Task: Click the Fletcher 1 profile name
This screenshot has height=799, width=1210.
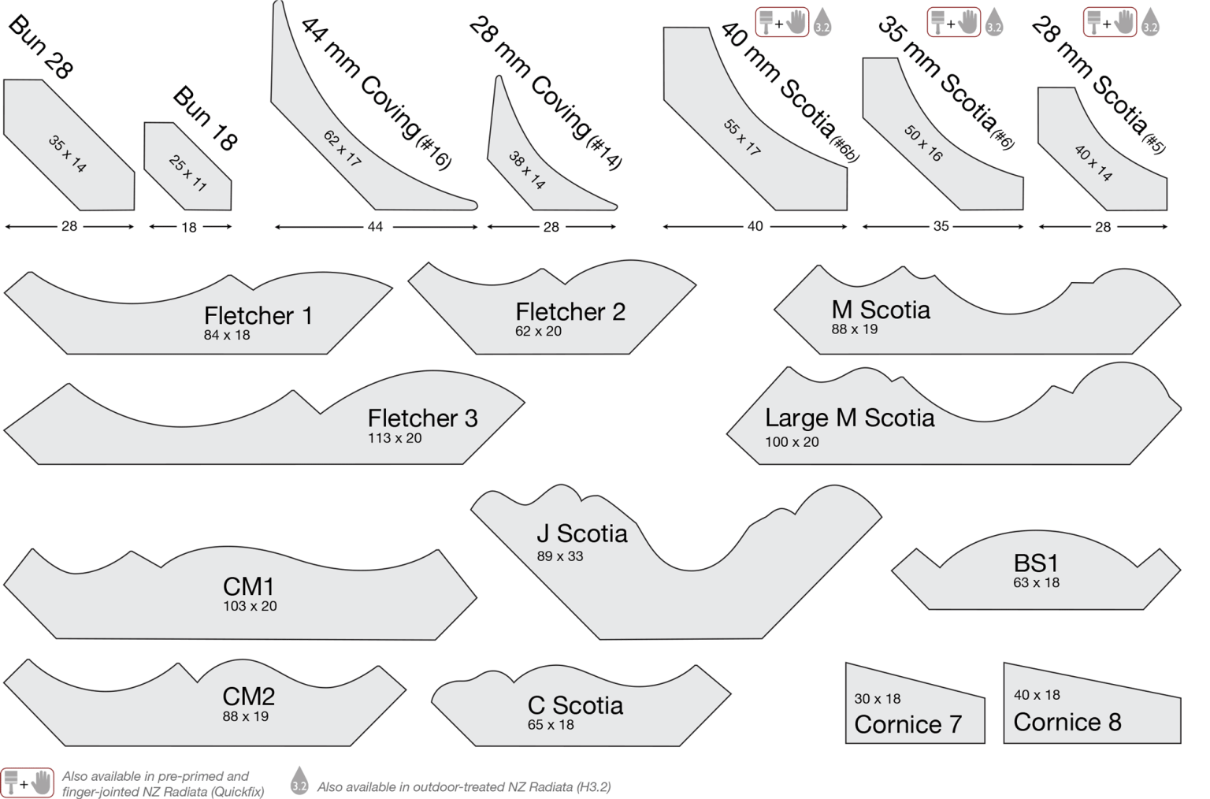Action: pyautogui.click(x=258, y=316)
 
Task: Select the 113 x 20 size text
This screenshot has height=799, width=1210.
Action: pyautogui.click(x=395, y=438)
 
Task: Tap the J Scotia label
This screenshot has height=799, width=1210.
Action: pyautogui.click(x=582, y=533)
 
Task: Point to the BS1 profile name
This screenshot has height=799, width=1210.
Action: pyautogui.click(x=1036, y=563)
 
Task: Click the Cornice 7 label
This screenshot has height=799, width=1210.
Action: pyautogui.click(x=908, y=724)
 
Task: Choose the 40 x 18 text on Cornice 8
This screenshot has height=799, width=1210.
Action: pyautogui.click(x=1037, y=695)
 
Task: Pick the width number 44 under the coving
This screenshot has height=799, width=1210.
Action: pyautogui.click(x=375, y=227)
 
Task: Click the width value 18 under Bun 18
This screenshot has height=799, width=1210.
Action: pyautogui.click(x=189, y=228)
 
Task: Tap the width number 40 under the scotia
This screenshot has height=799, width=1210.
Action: pyautogui.click(x=755, y=226)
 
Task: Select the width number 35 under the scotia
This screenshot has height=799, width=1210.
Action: pyautogui.click(x=941, y=226)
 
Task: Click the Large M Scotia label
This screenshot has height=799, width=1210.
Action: pyautogui.click(x=849, y=418)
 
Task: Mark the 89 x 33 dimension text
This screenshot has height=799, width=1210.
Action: pyautogui.click(x=560, y=556)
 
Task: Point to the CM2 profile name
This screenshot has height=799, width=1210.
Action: pyautogui.click(x=249, y=697)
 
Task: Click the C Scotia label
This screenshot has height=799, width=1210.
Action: pyautogui.click(x=575, y=705)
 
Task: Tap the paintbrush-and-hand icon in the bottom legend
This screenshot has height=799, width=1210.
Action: pyautogui.click(x=28, y=782)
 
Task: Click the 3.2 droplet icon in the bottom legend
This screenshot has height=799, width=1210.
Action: pyautogui.click(x=299, y=781)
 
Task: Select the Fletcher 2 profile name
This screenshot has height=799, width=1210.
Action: pyautogui.click(x=570, y=312)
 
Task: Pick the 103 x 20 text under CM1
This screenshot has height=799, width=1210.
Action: pyautogui.click(x=250, y=606)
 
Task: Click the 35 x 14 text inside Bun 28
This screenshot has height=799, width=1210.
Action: pyautogui.click(x=68, y=154)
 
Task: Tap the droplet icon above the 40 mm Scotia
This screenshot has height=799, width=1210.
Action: pyautogui.click(x=822, y=22)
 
